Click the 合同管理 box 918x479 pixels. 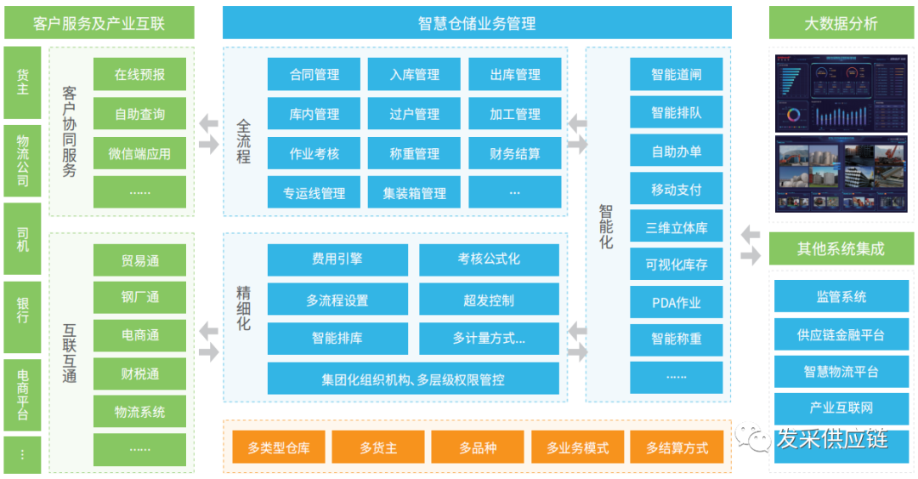314,75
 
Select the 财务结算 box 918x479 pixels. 515,154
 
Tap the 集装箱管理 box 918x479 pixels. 415,193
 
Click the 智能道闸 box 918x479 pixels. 677,75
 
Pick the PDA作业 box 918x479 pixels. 677,303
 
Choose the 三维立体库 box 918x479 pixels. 677,227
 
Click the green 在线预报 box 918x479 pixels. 140,75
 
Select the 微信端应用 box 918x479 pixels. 140,154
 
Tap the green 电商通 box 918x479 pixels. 140,335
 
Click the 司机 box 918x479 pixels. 22,239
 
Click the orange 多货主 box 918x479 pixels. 378,448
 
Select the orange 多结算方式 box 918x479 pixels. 677,448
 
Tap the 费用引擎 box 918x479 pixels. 337,259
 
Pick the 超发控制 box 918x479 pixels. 489,299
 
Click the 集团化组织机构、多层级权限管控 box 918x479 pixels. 413,379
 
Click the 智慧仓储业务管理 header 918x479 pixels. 477,23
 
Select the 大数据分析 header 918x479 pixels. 841,23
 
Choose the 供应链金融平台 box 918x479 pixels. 841,335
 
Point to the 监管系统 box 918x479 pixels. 841,296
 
